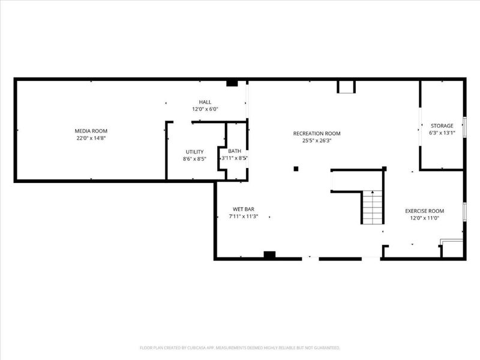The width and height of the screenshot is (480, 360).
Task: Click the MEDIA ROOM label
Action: (x=91, y=131)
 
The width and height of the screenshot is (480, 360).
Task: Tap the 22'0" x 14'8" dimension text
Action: (x=91, y=138)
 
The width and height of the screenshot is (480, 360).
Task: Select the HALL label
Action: (x=205, y=102)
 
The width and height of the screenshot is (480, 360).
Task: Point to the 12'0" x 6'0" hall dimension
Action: (x=205, y=109)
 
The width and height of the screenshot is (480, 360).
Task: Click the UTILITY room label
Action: (x=194, y=152)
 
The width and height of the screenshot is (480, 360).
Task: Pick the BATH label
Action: (x=234, y=151)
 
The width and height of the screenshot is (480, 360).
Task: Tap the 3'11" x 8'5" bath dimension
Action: (x=234, y=158)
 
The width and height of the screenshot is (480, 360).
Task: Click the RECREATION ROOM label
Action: (x=317, y=133)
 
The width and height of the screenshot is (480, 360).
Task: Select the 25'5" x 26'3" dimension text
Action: (x=317, y=141)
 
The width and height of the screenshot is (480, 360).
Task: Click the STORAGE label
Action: (x=442, y=125)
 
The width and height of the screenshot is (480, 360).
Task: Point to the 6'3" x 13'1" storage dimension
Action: (x=442, y=133)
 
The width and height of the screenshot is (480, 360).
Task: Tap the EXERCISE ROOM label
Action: (x=424, y=211)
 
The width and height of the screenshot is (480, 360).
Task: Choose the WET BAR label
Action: (x=243, y=209)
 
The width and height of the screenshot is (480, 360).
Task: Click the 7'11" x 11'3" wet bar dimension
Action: (x=243, y=217)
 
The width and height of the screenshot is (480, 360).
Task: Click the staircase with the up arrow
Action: (x=372, y=207)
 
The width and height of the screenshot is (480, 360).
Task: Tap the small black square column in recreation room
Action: (x=296, y=169)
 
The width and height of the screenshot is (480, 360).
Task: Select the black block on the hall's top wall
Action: (x=232, y=83)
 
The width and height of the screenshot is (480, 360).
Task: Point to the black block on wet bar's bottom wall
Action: (x=269, y=255)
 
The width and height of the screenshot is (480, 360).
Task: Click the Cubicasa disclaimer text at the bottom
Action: (x=240, y=347)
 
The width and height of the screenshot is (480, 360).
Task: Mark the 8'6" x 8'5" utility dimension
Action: (x=194, y=159)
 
